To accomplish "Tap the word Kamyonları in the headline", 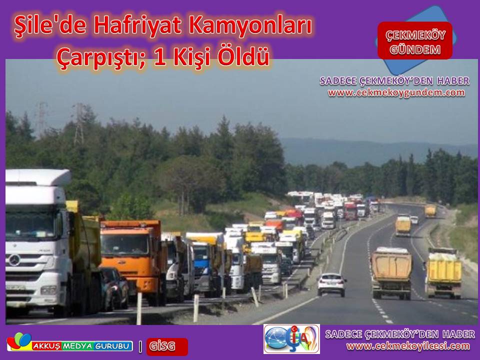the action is (250, 25).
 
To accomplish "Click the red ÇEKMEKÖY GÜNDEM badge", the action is (415, 41).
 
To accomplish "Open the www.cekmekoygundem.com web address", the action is (396, 93).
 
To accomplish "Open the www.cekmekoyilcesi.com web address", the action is (408, 346).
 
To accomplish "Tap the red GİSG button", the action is (167, 346).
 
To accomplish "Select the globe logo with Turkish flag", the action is (291, 339).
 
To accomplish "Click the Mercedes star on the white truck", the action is (14, 260).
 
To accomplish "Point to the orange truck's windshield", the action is (124, 244).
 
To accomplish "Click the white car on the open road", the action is (331, 284).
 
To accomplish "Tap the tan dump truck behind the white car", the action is (391, 273).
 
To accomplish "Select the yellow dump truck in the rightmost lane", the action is (443, 273).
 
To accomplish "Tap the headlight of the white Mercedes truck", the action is (48, 290).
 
